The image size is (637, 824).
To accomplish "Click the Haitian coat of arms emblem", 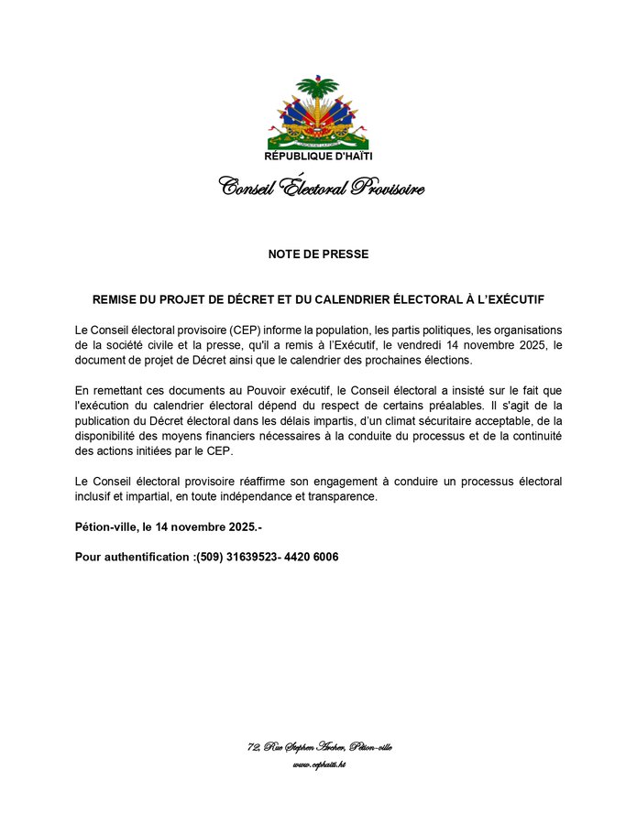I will (x=318, y=114).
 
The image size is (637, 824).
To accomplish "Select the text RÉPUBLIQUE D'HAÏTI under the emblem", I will (x=318, y=157).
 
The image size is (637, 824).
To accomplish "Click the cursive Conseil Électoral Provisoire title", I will (x=321, y=188).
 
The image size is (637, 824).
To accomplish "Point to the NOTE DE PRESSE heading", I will (x=318, y=254).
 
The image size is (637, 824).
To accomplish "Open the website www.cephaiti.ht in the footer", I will (x=319, y=764).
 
